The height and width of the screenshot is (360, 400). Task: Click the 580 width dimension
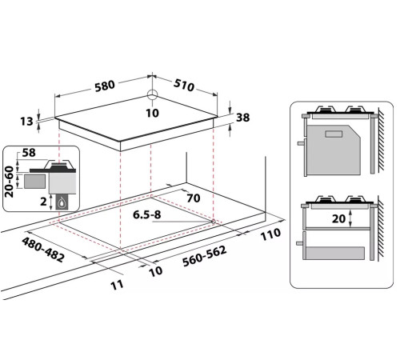point(105,86)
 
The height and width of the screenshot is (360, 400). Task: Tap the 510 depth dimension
point(184,85)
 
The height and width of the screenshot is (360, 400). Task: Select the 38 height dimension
point(243,118)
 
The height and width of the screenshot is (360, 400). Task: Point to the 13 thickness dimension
point(26,122)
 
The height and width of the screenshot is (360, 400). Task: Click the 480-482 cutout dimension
point(43,250)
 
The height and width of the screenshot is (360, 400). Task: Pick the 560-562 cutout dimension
point(205,256)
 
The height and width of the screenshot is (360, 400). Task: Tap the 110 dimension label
point(270,234)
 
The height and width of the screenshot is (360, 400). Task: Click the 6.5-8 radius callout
point(147,214)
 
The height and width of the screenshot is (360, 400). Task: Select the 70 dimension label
point(194,198)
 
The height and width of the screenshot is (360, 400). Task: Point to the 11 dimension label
point(117,285)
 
